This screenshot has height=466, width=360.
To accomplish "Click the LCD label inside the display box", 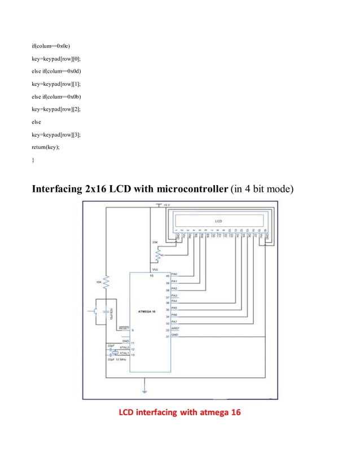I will tap(218, 220).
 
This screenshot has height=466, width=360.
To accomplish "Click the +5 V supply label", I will tap(168, 205).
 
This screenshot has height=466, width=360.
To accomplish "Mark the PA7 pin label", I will tap(174, 321).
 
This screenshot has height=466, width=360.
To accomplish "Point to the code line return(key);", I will tap(45, 147).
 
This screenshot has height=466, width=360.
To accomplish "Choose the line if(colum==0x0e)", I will tap(51, 46).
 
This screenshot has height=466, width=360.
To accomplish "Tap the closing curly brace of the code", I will tap(33, 160).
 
